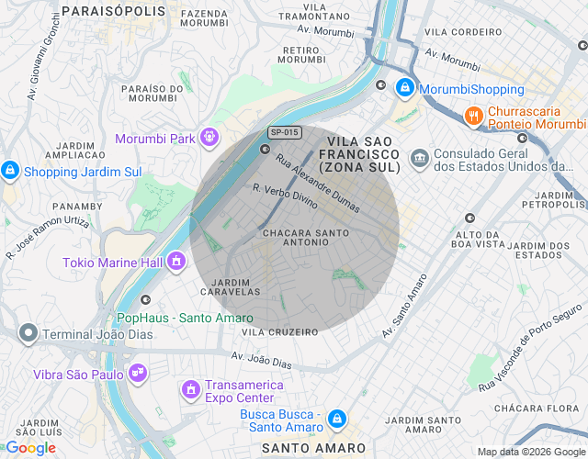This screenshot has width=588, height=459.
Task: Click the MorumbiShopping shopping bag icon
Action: [403, 89]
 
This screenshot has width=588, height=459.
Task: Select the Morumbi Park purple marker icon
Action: [209, 138]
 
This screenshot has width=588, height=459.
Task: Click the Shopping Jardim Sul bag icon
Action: [10, 171]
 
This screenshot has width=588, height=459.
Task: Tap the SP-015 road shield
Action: [285, 132]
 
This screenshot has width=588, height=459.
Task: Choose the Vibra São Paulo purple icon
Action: [138, 374]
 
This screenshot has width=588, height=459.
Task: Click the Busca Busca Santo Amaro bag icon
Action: [336, 419]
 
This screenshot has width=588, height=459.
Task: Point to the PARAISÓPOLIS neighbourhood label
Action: [117, 12]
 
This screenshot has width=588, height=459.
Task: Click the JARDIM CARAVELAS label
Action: [235, 286]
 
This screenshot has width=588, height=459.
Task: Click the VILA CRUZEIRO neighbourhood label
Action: [279, 331]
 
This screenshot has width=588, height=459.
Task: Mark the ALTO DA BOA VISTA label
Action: [479, 240]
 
